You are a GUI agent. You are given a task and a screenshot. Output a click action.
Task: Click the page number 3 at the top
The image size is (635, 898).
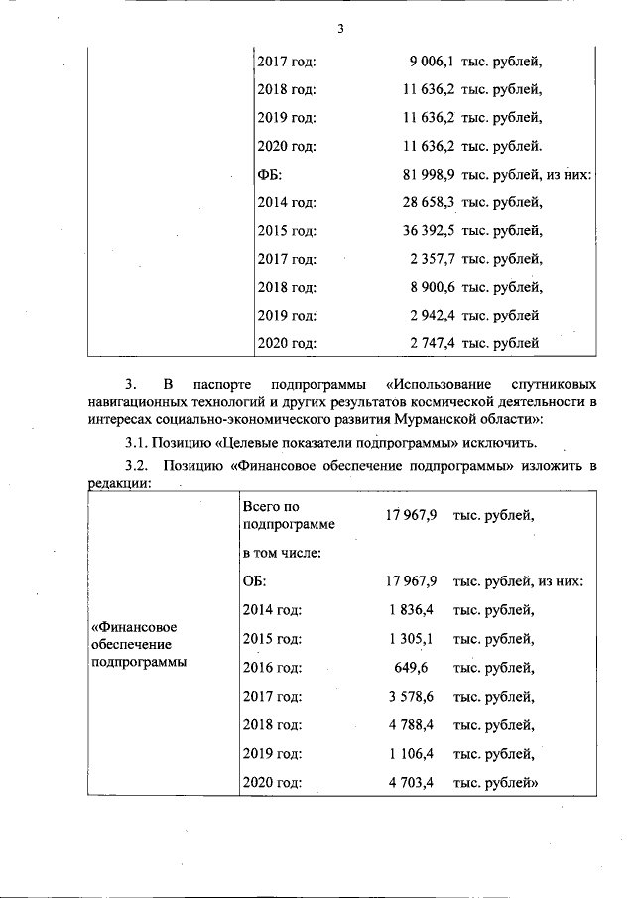(339, 28)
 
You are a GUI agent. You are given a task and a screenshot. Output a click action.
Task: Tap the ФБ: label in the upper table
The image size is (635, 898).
(270, 175)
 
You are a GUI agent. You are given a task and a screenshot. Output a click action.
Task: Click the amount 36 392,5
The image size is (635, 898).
(427, 231)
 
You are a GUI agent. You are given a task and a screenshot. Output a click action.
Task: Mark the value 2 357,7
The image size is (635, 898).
(432, 259)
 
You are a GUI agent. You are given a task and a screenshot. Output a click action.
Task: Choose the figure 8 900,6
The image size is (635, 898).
(432, 288)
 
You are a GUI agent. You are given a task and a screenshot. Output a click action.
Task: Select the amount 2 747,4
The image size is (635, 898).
(432, 344)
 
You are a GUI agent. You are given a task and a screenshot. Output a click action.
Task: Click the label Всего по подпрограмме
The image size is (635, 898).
(288, 515)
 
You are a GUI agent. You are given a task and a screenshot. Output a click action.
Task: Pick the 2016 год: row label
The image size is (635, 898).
(272, 667)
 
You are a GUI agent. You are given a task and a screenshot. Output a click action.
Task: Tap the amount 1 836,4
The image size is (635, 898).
(411, 610)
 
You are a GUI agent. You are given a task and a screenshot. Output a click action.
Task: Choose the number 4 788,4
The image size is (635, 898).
(411, 724)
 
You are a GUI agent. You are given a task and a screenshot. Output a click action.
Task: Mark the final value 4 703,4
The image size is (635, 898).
(411, 783)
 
